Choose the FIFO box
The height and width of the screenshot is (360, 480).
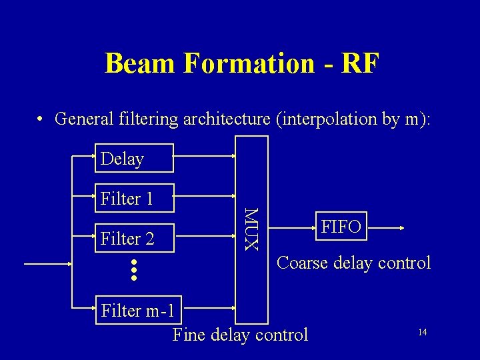pyautogui.click(x=341, y=228)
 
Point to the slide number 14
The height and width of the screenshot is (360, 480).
pyautogui.click(x=422, y=331)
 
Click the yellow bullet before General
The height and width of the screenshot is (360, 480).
pyautogui.click(x=41, y=119)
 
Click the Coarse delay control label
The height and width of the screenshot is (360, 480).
pyautogui.click(x=353, y=263)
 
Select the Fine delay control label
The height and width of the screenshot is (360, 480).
pyautogui.click(x=240, y=334)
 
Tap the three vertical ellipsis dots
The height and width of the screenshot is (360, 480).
pyautogui.click(x=133, y=269)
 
